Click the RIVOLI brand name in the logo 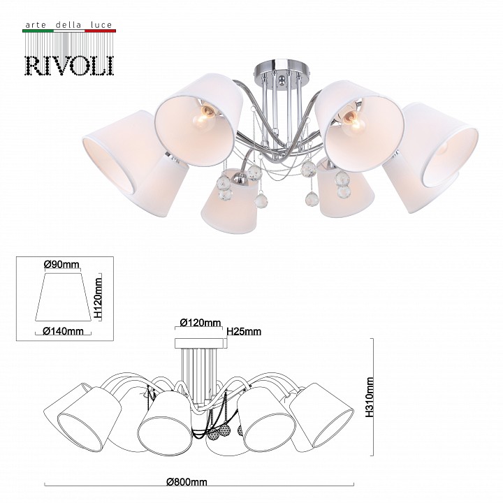click(x=69, y=66)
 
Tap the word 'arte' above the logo click(x=36, y=25)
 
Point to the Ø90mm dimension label click(x=61, y=264)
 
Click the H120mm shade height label click(x=99, y=297)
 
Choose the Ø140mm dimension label click(x=63, y=330)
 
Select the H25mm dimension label click(x=244, y=331)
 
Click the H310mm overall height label click(x=370, y=397)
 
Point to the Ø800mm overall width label click(x=187, y=482)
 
